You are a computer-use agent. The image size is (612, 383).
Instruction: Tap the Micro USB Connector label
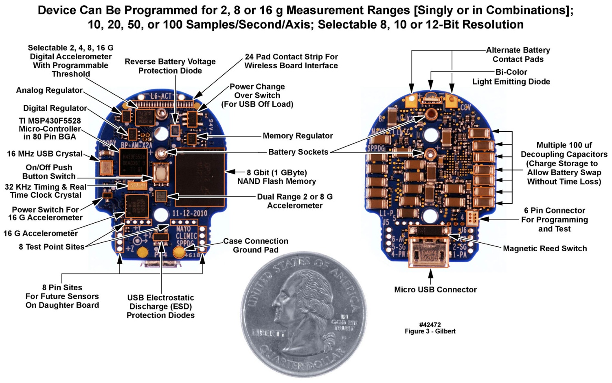(435, 289)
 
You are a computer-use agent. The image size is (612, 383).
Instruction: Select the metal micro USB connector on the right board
(428, 251)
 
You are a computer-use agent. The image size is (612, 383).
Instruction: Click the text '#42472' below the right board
(430, 324)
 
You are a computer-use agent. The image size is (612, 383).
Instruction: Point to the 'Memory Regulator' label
(298, 136)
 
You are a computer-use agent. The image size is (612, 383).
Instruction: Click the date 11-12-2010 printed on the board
(190, 213)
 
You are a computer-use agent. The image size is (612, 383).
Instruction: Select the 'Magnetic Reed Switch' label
(545, 248)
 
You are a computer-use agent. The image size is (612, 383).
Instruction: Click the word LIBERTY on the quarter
(269, 333)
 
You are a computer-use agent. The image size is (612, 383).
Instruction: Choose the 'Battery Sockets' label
(298, 152)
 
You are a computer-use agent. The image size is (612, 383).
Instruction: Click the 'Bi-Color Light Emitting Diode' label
(511, 77)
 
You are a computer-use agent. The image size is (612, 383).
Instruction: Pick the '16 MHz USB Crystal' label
(45, 154)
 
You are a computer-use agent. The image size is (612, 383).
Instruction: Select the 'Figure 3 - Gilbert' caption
(430, 331)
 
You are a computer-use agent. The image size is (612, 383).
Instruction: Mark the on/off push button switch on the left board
(161, 173)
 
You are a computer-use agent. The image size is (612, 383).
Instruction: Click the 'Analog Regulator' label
(49, 90)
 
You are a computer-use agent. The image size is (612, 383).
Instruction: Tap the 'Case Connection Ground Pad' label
(255, 246)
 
